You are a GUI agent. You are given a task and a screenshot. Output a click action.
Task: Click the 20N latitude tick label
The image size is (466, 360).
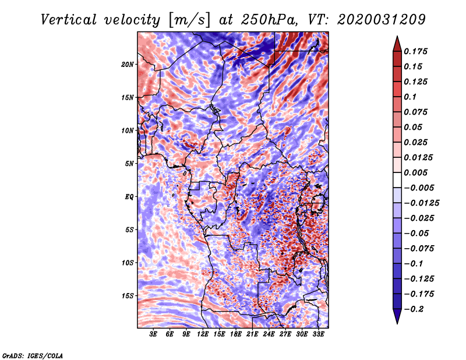click(x=128, y=64)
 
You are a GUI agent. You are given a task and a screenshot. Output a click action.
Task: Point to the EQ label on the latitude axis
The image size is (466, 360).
click(x=129, y=196)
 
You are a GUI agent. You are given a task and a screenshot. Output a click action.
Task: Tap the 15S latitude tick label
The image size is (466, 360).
click(x=128, y=296)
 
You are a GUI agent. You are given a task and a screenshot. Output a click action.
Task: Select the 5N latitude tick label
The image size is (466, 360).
click(x=129, y=164)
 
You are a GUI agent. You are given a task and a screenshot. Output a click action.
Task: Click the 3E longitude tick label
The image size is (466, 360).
click(x=154, y=334)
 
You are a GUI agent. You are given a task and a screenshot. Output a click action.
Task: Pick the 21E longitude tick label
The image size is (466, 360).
click(x=252, y=334)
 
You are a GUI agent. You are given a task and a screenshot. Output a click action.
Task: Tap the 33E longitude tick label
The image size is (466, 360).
click(x=318, y=334)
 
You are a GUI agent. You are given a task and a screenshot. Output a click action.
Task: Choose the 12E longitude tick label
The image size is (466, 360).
click(x=203, y=334)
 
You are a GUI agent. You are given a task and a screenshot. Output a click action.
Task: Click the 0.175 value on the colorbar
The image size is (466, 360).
click(x=417, y=51)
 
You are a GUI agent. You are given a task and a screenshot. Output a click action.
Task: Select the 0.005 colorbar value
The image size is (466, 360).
click(x=417, y=172)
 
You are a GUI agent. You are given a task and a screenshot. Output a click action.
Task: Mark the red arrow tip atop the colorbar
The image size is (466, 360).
click(x=397, y=39)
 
